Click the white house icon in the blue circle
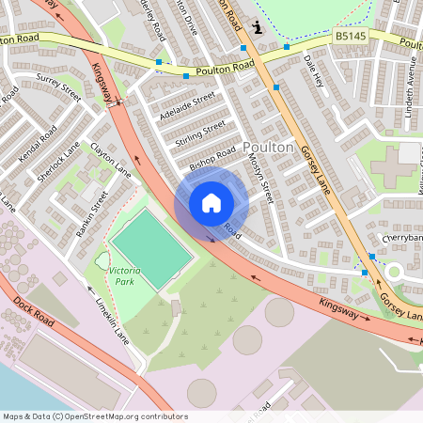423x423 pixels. tap(211, 202)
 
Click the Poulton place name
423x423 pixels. tap(270, 148)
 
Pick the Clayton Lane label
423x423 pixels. tap(110, 158)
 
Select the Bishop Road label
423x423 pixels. tap(211, 156)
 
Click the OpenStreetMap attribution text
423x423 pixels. tap(95, 416)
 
